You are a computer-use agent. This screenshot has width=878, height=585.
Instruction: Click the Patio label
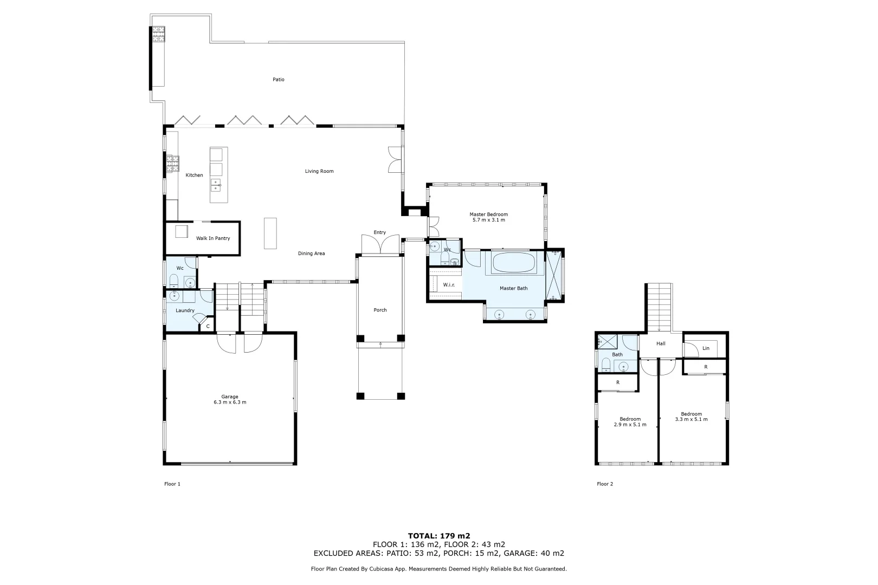pyautogui.click(x=278, y=80)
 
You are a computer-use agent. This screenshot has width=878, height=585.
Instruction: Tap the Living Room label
pyautogui.click(x=319, y=171)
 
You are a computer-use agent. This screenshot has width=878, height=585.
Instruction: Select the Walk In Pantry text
pyautogui.click(x=213, y=238)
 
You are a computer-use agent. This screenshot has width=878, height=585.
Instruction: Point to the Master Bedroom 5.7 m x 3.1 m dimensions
pyautogui.click(x=489, y=220)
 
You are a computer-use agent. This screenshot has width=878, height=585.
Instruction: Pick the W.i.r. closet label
pyautogui.click(x=449, y=285)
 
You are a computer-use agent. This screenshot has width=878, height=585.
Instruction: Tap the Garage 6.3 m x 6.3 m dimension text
pyautogui.click(x=230, y=402)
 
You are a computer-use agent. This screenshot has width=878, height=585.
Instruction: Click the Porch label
pyautogui.click(x=380, y=310)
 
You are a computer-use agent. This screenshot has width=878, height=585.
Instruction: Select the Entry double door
pyautogui.click(x=380, y=245)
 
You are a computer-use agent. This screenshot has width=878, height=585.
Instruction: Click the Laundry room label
pyautogui.click(x=185, y=310)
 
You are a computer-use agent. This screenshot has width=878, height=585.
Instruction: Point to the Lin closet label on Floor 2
pyautogui.click(x=706, y=348)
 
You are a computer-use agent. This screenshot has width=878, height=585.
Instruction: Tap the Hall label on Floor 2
pyautogui.click(x=661, y=343)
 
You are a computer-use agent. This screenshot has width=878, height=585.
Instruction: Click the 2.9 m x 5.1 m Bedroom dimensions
pyautogui.click(x=630, y=424)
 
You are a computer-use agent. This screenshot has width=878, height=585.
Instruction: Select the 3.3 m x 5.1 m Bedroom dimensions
pyautogui.click(x=692, y=419)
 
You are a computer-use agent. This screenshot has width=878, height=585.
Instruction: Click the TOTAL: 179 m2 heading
pyautogui.click(x=439, y=536)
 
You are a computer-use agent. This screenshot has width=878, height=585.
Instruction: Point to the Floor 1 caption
pyautogui.click(x=172, y=484)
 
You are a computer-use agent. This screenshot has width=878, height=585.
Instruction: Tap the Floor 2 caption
pyautogui.click(x=605, y=484)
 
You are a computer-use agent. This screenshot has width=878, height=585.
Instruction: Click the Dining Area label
pyautogui.click(x=311, y=253)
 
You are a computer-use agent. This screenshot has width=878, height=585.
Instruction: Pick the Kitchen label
pyautogui.click(x=194, y=175)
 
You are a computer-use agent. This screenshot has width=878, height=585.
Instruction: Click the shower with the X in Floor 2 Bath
pyautogui.click(x=607, y=341)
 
